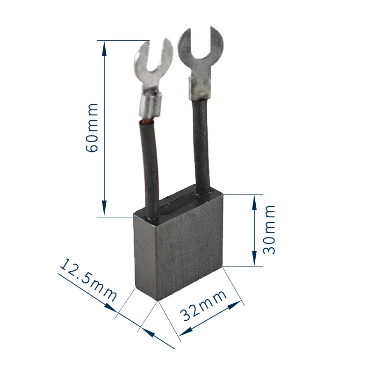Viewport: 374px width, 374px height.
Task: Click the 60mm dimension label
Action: [92, 127]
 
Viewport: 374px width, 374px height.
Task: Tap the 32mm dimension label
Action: [204, 305]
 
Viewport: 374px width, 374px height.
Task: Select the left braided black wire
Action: [148, 168]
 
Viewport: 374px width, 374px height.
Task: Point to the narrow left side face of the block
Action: [145, 257]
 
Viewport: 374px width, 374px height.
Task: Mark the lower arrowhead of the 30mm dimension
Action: [254, 261]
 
